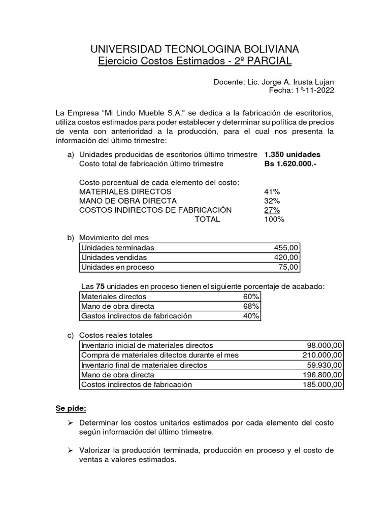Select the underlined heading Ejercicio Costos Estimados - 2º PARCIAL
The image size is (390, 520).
194,61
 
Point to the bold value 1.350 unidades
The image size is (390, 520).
292,154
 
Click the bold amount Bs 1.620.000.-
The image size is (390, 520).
290,164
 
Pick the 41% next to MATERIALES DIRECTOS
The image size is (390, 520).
272,191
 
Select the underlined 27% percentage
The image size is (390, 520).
272,210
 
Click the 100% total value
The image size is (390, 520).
274,219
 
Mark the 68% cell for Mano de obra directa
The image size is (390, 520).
251,306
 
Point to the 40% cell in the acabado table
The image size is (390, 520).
251,316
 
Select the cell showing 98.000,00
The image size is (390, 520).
322,345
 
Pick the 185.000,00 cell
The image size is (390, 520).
320,384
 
